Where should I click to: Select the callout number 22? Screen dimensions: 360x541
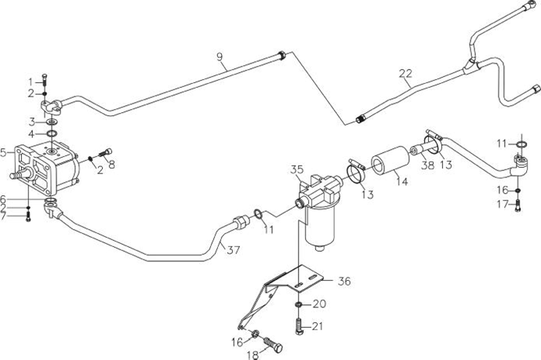pos(405,74)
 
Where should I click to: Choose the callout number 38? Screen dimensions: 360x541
pos(427,165)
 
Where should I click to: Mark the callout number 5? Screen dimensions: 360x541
pos(4,152)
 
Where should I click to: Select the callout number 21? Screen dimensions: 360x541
pos(318,326)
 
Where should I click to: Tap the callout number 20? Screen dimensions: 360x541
pos(319,304)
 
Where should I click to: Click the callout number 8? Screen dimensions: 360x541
pos(111,164)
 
